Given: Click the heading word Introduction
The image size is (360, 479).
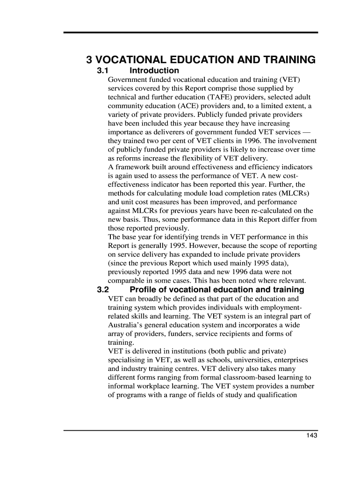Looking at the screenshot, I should coord(154,71).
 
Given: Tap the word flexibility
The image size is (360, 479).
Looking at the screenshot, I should coord(207,159).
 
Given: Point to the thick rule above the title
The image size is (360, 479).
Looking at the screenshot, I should coord(191,33).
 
